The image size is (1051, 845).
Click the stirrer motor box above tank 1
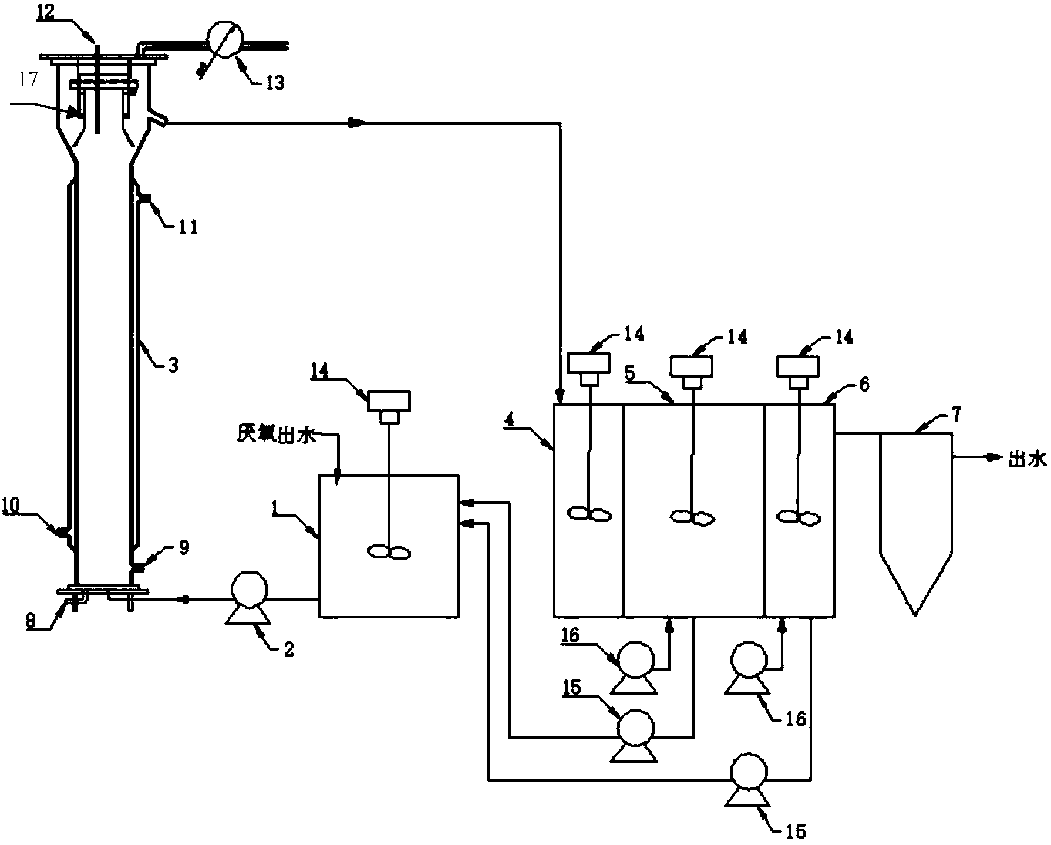(x=389, y=401)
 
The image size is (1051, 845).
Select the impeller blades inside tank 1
(x=389, y=552)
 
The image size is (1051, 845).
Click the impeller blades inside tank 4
(x=589, y=514)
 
